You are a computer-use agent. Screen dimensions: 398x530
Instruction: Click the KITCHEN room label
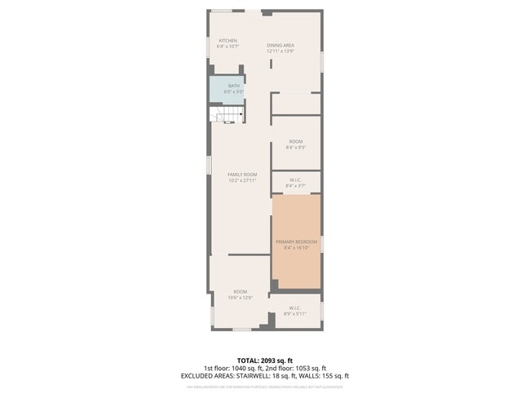[x=227, y=41]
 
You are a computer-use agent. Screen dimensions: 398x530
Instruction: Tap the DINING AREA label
[x=280, y=45]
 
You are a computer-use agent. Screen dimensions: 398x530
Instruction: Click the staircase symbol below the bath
[x=228, y=115]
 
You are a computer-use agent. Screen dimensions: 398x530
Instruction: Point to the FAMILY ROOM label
[x=242, y=175]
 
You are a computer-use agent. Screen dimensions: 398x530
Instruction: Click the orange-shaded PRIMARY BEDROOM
[x=296, y=242]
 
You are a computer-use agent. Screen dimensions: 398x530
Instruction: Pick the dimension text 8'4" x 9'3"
[x=296, y=148]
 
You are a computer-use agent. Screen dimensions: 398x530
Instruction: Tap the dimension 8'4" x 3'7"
[x=296, y=187]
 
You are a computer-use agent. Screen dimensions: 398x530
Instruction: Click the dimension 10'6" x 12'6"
[x=241, y=298]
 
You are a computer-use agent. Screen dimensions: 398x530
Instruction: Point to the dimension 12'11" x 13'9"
[x=280, y=51]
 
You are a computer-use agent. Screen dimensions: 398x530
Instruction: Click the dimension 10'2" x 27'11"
[x=242, y=180]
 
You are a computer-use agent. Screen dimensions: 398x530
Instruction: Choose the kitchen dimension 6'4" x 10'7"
[x=227, y=46]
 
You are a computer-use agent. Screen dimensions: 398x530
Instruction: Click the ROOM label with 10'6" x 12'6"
[x=241, y=292]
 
